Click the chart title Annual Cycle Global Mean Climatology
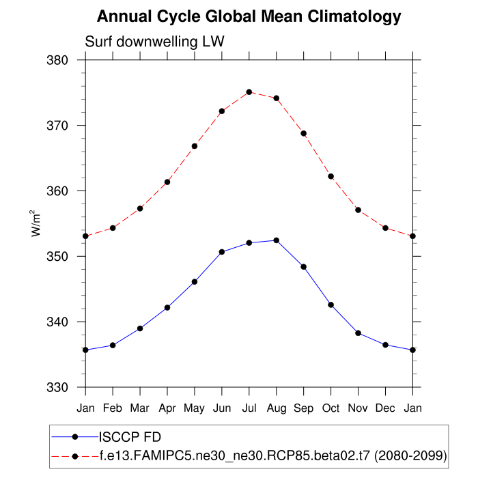[x=249, y=16]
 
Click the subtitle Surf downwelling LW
[x=154, y=42]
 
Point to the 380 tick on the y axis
[x=60, y=60]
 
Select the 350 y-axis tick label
[x=60, y=256]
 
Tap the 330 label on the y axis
[x=60, y=387]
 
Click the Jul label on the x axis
[x=249, y=408]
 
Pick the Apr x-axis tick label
[x=167, y=408]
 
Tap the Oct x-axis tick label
[x=331, y=408]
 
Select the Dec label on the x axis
[x=386, y=408]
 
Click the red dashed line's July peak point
[x=249, y=92]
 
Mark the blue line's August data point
[x=277, y=240]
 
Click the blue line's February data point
[x=113, y=346]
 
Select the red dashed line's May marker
[x=195, y=146]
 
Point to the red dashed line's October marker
[x=331, y=176]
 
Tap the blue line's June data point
[x=222, y=252]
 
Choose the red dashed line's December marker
[x=386, y=228]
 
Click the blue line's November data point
[x=358, y=333]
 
